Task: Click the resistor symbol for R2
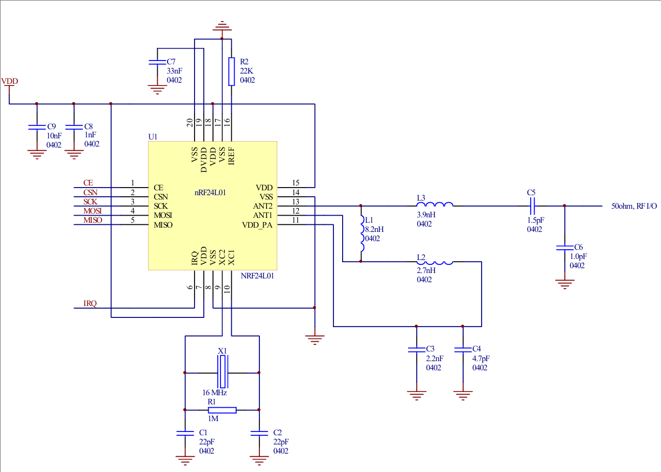point(231,71)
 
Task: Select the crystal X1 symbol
point(223,373)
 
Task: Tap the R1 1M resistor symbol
point(222,410)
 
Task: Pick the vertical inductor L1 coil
point(362,234)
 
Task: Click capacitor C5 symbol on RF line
point(531,205)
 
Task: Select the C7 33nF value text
point(174,71)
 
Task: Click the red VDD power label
point(9,82)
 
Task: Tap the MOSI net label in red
point(92,211)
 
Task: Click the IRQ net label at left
point(90,304)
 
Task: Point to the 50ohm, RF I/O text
point(633,206)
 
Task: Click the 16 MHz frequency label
point(215,393)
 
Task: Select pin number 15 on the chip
point(295,183)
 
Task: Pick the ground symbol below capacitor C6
point(565,283)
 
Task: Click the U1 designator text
point(153,137)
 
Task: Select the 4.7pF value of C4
point(480,358)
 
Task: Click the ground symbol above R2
point(222,26)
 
